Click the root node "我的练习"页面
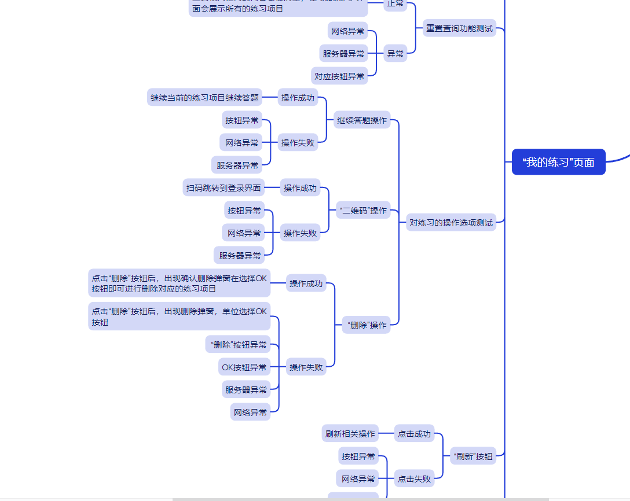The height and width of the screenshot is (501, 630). click(558, 162)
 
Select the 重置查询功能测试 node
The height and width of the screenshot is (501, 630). click(459, 28)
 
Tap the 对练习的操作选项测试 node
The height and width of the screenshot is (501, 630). click(451, 222)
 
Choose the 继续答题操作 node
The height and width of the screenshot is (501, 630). click(362, 120)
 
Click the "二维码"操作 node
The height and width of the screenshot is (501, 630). click(363, 211)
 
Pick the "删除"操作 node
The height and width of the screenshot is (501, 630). click(366, 325)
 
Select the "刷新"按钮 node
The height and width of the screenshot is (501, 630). click(473, 456)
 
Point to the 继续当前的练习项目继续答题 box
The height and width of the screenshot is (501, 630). click(204, 98)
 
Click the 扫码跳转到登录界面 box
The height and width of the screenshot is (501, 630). click(224, 187)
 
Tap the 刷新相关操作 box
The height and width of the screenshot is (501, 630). click(350, 434)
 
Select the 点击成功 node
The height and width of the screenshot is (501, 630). click(414, 434)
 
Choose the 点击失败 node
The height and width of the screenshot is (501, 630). click(414, 479)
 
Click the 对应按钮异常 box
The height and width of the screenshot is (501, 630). click(339, 76)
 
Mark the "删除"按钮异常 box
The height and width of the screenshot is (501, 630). click(239, 345)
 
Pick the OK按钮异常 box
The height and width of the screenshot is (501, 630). click(244, 367)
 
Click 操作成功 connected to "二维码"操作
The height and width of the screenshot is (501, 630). click(300, 187)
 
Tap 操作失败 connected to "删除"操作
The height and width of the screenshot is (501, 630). click(306, 367)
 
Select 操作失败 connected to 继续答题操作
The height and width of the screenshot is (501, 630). click(298, 142)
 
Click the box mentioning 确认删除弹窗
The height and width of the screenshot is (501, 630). click(179, 283)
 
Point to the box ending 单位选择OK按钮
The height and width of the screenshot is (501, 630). click(179, 316)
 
